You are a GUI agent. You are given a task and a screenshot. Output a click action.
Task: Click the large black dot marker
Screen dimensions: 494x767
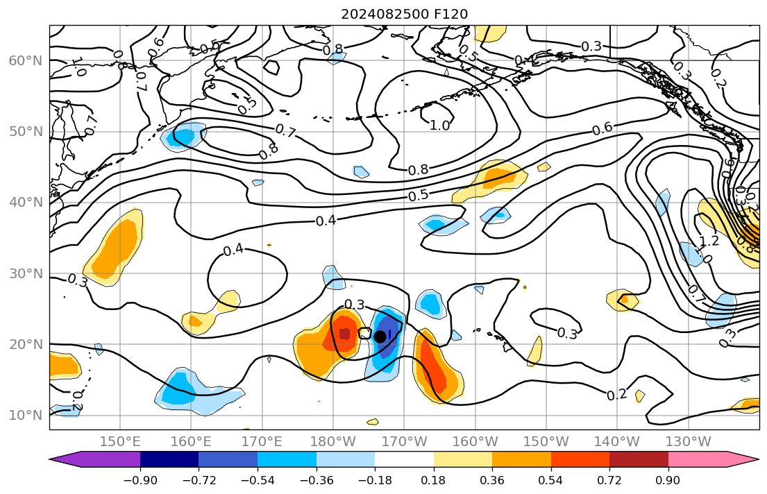point(380,337)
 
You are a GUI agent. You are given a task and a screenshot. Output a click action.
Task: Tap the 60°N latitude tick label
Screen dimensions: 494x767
point(26,60)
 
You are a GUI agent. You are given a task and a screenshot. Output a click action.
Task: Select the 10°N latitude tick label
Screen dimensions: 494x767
point(26,416)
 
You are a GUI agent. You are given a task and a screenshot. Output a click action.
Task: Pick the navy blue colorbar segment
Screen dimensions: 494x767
point(169,459)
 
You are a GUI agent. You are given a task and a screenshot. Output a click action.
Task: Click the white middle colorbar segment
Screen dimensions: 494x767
point(404,459)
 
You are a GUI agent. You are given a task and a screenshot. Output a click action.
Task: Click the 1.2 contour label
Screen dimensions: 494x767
point(709,241)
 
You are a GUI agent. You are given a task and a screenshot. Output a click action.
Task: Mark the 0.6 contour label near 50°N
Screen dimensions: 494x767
point(602,128)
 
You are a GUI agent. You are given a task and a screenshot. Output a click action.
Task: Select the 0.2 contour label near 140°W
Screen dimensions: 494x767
point(616,395)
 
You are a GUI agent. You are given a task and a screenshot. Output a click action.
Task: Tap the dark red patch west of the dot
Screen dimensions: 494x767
point(344,334)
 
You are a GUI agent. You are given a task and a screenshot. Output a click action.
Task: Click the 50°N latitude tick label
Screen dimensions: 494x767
point(26,132)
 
